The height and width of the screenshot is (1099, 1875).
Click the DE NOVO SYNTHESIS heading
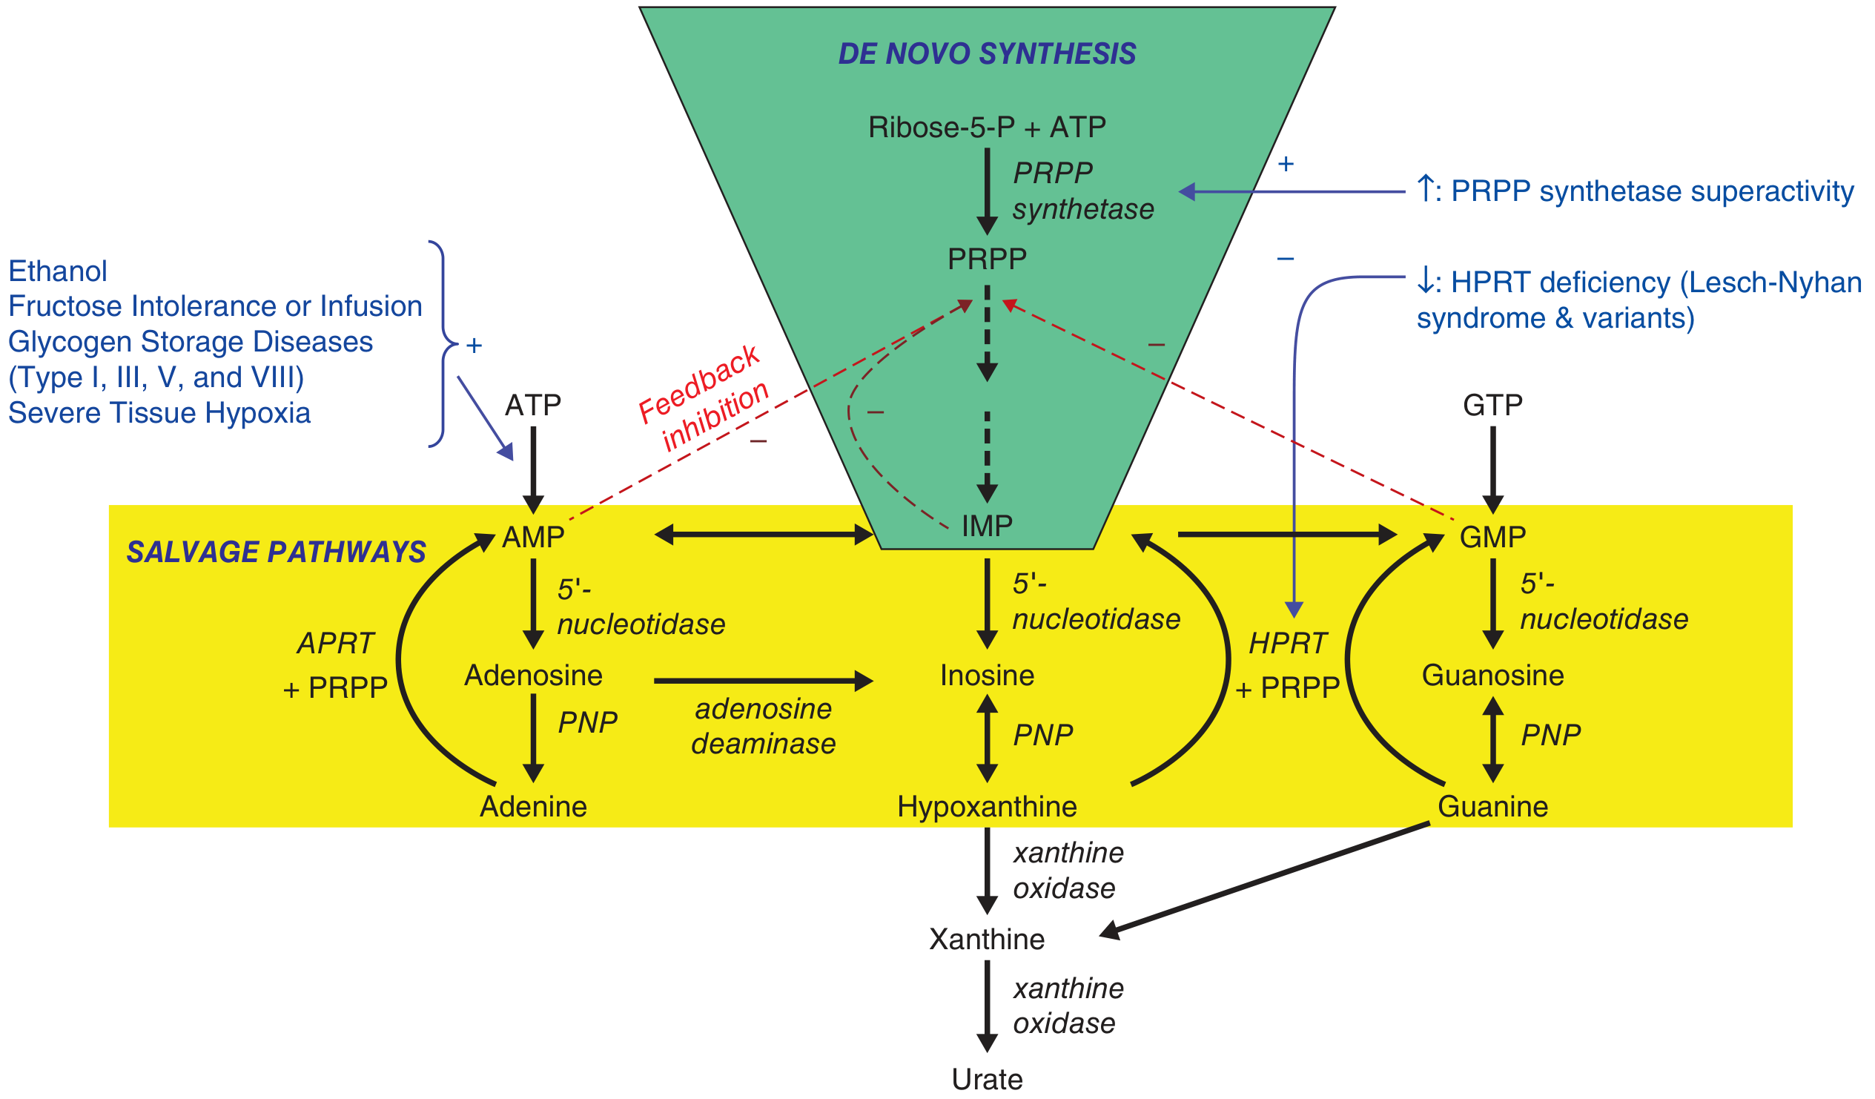pos(987,53)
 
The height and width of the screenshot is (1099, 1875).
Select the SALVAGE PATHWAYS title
pos(276,552)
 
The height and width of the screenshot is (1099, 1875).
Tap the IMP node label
pos(987,526)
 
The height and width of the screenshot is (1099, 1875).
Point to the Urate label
pos(987,1079)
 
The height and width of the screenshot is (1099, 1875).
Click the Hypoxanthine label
pos(987,807)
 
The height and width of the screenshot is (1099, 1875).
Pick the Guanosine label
pos(1492,676)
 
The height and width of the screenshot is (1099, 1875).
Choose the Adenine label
pos(533,807)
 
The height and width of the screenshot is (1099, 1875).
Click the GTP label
pos(1492,405)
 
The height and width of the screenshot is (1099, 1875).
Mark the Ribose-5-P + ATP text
pos(987,128)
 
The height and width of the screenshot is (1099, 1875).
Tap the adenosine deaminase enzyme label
pos(764,726)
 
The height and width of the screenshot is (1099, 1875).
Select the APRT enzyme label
pos(335,643)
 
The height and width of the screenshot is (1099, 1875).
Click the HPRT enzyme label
pos(1287,643)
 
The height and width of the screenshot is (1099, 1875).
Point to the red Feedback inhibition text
pos(703,398)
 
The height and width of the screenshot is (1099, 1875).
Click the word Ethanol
pos(58,271)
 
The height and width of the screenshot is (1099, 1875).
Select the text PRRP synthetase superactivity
pos(1652,191)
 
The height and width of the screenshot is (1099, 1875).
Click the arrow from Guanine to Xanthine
pos(1265,879)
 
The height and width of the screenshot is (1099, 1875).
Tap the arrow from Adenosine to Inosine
pos(764,680)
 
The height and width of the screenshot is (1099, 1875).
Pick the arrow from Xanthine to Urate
pos(987,1005)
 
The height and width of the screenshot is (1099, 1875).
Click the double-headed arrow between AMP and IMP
pos(764,534)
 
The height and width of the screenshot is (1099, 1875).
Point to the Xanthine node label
pos(987,939)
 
